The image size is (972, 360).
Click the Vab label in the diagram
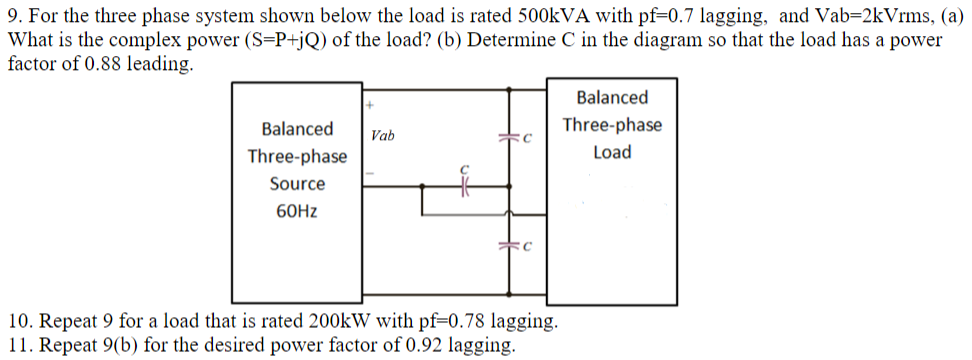(382, 136)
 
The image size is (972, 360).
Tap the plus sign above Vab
(369, 104)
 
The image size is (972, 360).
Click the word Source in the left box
(298, 184)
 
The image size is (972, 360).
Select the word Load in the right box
(612, 153)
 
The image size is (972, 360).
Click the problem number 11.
(18, 346)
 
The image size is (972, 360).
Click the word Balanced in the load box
(612, 98)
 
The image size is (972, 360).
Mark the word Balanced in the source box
(298, 129)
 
